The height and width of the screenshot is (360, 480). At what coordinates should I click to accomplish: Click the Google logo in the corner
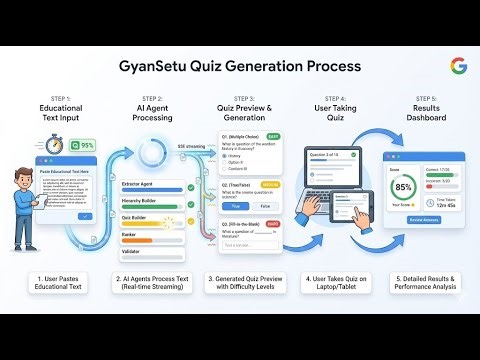click(458, 66)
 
